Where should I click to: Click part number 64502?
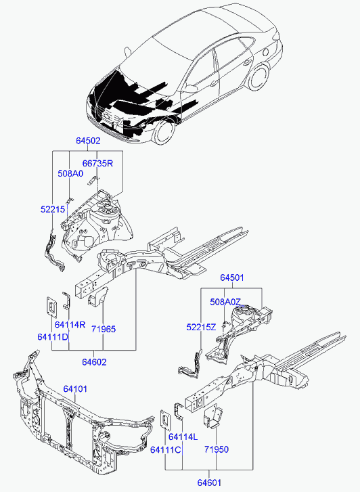88,141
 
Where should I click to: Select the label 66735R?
97,163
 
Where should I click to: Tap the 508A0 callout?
70,173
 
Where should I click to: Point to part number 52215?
52,209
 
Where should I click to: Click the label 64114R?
70,324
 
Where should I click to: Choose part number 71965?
104,329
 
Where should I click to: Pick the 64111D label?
53,336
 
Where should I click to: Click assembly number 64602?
94,362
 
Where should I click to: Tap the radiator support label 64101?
75,388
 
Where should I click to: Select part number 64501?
232,277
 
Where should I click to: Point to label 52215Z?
201,328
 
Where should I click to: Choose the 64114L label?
183,437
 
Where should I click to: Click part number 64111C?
165,449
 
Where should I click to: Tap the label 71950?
217,449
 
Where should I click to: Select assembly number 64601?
209,483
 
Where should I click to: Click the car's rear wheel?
259,78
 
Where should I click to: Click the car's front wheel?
164,131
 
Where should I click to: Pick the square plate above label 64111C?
165,420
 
